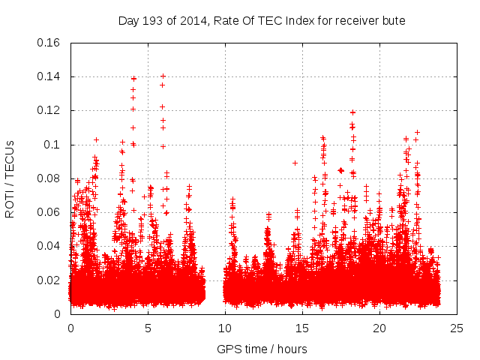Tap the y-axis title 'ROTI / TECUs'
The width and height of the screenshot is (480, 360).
[10, 178]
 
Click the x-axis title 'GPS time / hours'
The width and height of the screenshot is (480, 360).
[262, 349]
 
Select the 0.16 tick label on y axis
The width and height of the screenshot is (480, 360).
[49, 43]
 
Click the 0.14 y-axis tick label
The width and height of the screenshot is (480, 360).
[49, 76]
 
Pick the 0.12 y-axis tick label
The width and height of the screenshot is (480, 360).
[49, 110]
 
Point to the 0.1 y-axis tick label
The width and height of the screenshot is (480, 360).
[52, 145]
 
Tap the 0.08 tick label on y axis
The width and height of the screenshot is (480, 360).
[49, 178]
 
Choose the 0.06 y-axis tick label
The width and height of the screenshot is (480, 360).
[49, 212]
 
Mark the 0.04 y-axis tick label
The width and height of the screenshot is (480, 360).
[49, 246]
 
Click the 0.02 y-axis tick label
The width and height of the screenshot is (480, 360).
[49, 280]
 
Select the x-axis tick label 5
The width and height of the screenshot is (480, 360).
[148, 328]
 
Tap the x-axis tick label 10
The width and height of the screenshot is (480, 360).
[225, 328]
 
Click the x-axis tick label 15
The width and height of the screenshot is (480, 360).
[302, 328]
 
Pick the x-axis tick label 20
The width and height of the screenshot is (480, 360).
[379, 328]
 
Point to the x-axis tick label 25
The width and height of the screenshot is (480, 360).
[457, 328]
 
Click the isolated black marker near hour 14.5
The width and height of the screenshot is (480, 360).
[295, 163]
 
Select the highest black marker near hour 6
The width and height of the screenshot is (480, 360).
[163, 76]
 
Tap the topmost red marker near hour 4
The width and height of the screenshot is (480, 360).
[133, 78]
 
